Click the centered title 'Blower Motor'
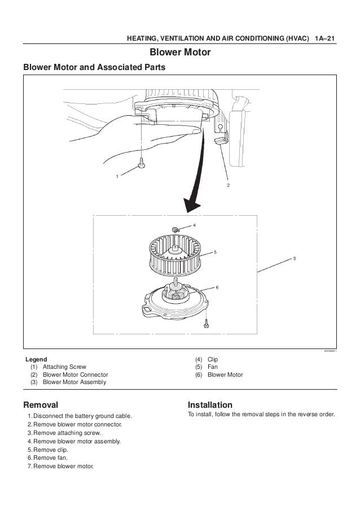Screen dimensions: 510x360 (179, 53)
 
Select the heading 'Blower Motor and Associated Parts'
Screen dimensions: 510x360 (94, 68)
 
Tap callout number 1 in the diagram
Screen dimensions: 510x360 (118, 177)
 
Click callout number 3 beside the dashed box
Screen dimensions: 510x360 (294, 258)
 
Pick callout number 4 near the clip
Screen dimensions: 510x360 (194, 225)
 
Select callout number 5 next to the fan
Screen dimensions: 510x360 (215, 252)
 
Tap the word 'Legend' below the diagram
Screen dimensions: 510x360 (37, 359)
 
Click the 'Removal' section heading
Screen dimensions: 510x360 (40, 405)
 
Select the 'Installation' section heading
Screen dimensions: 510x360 (210, 405)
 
